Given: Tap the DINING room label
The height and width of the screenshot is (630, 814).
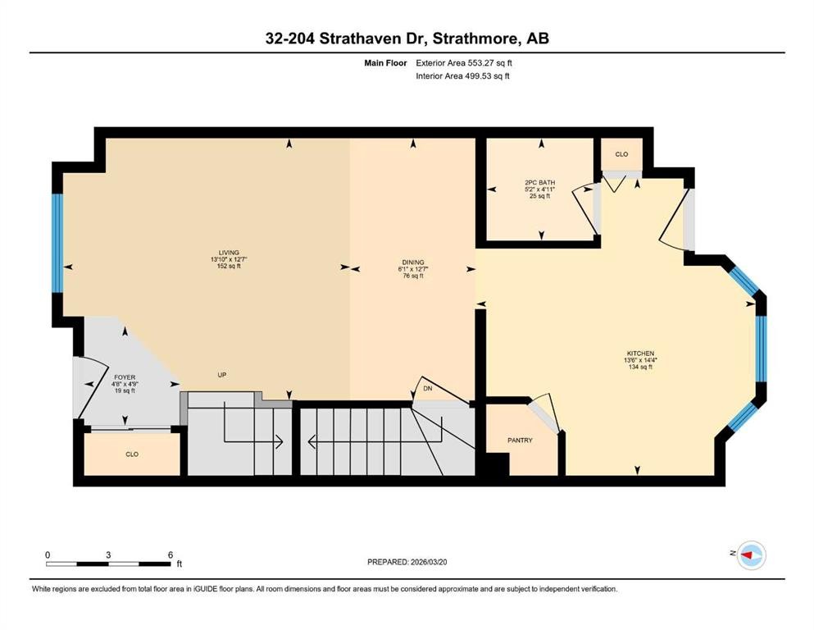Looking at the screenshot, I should [412, 262].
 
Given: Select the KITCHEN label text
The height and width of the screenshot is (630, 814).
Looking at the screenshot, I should [639, 354].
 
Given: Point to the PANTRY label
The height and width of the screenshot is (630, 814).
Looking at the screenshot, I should [520, 441].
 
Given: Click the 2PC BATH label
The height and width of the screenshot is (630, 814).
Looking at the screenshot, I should [540, 182].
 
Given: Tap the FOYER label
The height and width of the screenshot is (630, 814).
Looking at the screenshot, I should [124, 377].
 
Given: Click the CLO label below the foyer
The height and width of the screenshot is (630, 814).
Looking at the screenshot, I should [132, 454].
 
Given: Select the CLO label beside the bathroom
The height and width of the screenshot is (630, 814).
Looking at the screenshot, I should [621, 154].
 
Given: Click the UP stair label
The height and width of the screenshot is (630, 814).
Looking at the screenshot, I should [221, 375].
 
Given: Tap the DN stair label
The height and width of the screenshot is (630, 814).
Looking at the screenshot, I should [427, 388].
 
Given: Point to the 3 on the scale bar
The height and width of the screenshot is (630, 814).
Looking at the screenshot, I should [108, 555].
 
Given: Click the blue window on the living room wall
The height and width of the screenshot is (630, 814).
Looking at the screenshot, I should [57, 243].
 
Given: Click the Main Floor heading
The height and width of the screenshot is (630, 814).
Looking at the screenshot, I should [386, 62].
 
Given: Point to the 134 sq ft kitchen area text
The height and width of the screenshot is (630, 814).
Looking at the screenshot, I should [639, 367].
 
